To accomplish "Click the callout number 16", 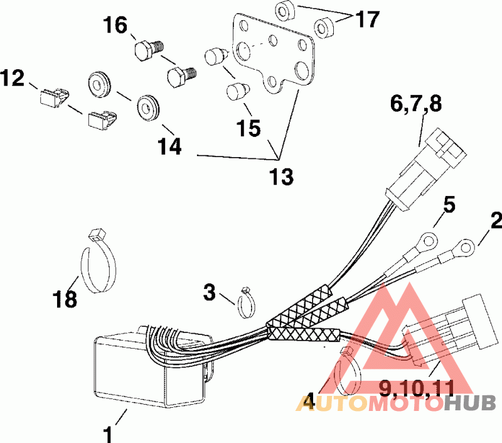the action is point(116,26).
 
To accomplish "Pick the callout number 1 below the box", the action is point(109,434).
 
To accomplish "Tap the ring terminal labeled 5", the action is point(429,239).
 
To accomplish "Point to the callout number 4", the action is point(307,400).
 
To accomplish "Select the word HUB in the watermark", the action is point(471,402).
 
